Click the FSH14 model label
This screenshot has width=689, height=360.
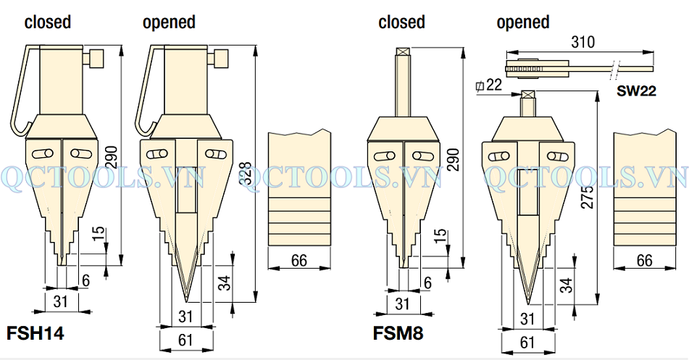click(36, 334)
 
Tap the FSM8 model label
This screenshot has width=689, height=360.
click(398, 334)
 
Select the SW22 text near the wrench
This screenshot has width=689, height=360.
click(637, 91)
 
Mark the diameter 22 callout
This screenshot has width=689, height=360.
click(490, 85)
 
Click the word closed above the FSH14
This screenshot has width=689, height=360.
click(48, 22)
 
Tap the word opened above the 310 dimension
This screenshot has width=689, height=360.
click(523, 22)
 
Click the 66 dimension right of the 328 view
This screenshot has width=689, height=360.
click(298, 260)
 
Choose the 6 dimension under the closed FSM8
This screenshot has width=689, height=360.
click(427, 282)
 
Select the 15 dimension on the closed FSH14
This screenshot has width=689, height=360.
click(99, 233)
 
